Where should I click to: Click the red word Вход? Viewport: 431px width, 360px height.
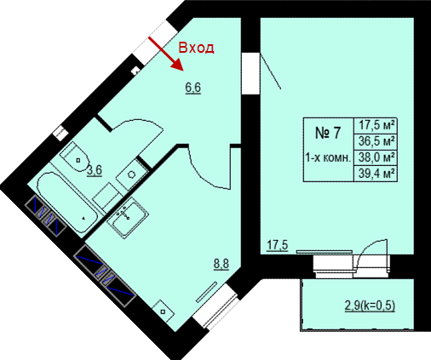point(196,48)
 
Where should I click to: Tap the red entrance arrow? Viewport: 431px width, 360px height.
point(166,54)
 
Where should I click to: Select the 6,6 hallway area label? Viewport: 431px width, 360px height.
point(193,88)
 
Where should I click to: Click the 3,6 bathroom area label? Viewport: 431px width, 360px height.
point(95,170)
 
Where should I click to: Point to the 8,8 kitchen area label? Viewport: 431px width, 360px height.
point(221,264)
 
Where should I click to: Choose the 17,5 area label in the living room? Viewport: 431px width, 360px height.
point(278,245)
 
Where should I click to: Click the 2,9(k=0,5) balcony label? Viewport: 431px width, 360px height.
point(370,306)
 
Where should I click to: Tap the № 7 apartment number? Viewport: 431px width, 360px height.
point(328,133)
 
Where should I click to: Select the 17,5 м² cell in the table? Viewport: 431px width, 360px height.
point(376,125)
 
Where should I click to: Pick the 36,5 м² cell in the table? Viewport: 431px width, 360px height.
point(376,141)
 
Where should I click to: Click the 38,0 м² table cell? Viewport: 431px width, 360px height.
point(376,157)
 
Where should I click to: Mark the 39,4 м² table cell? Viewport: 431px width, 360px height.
point(376,173)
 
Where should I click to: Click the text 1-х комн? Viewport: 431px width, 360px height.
point(328,157)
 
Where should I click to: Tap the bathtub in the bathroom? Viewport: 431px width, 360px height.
point(67,203)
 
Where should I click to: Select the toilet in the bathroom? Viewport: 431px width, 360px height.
point(74,157)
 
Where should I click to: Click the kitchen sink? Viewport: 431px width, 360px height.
point(128,218)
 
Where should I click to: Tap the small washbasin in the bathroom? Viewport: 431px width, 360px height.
point(131,174)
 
